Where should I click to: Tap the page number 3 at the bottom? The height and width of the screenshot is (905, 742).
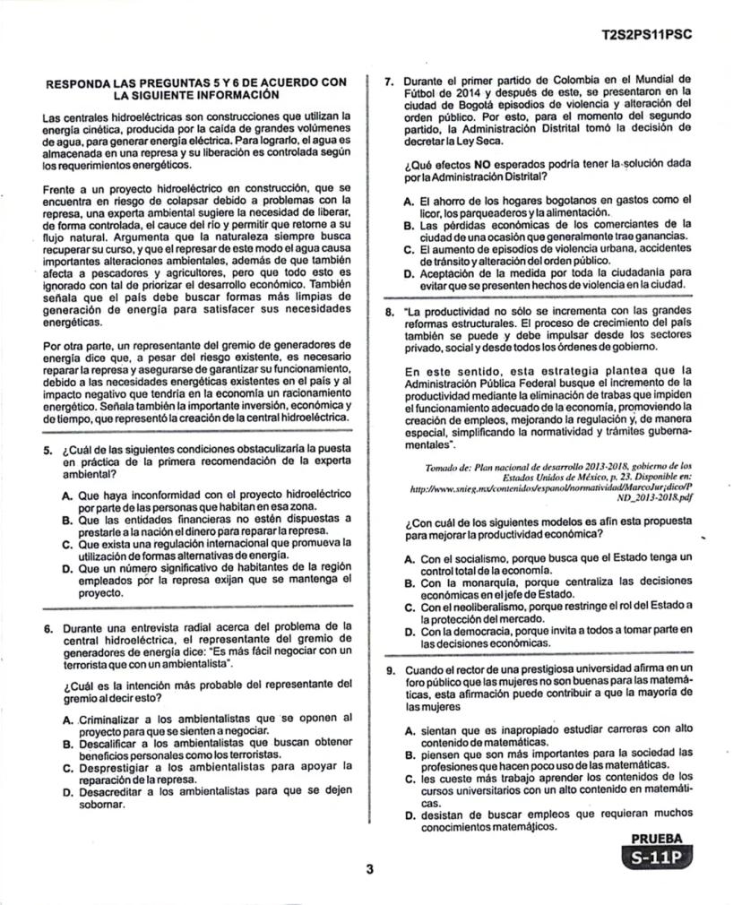pos(368,868)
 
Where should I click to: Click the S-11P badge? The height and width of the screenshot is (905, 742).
pos(661,858)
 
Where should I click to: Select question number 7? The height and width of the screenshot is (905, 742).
pos(390,80)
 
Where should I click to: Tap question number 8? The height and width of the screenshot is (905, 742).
pos(390,313)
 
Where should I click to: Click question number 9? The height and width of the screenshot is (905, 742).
pos(390,670)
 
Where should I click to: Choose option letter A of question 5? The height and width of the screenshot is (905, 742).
pos(67,495)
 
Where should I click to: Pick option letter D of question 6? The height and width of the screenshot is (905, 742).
pos(67,792)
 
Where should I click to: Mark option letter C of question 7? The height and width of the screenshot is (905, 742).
pos(409,249)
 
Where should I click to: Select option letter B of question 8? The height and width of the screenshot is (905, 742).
pos(409,582)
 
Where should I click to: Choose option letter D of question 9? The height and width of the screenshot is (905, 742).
pos(409,815)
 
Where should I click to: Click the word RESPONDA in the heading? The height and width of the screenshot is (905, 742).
pos(77,82)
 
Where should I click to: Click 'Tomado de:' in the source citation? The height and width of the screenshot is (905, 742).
pos(451,467)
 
